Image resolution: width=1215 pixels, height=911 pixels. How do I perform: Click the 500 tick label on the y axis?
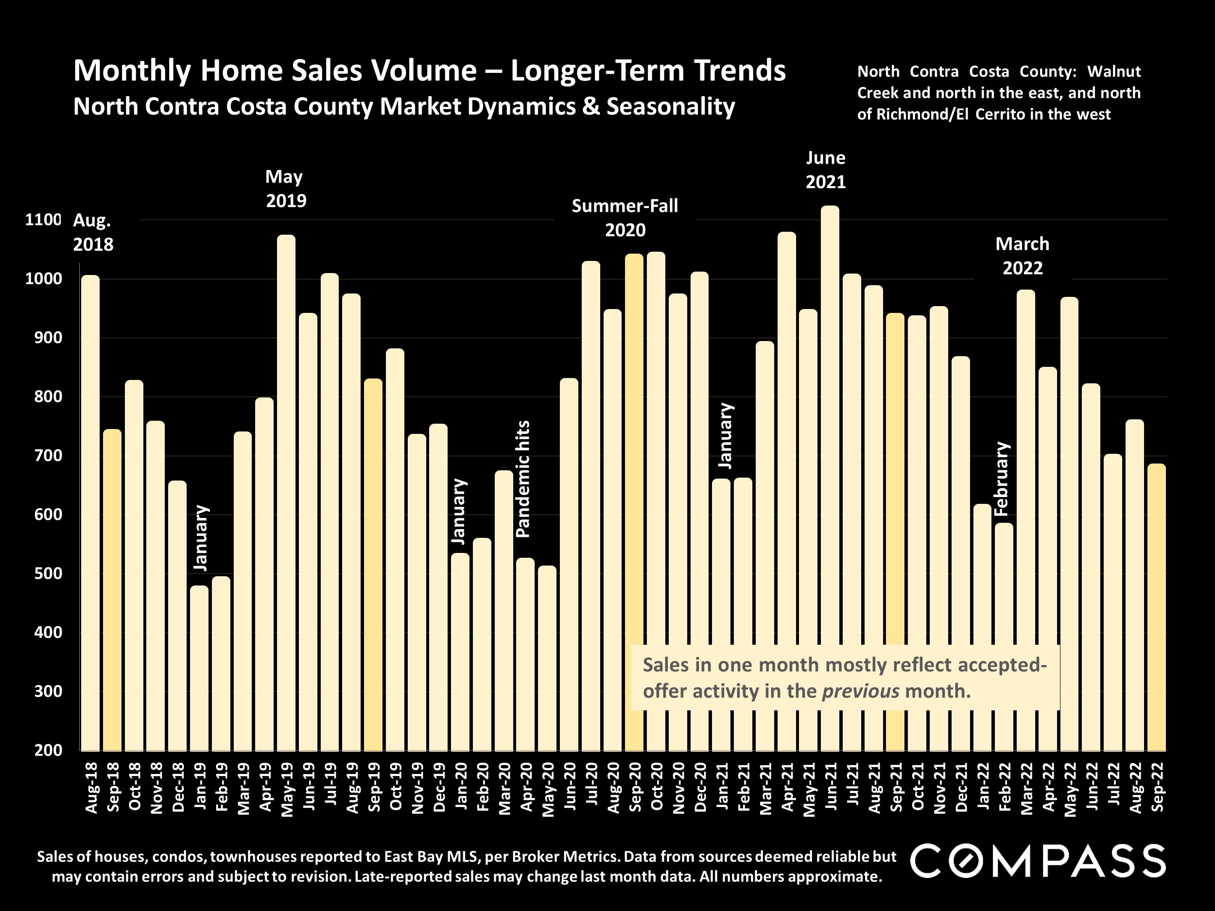point(48,574)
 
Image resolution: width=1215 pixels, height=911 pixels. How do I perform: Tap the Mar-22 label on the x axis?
point(1026,788)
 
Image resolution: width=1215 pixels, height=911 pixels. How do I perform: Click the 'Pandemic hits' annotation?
point(523,479)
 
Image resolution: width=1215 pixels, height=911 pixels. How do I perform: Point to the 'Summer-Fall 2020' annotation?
point(625,218)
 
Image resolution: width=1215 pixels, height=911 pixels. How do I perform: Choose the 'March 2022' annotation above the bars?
point(1022,256)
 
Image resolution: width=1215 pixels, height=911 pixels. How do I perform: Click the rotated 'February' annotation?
point(1002,478)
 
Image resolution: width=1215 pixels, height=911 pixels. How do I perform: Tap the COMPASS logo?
point(1038,861)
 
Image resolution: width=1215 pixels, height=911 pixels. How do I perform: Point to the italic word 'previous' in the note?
point(860,691)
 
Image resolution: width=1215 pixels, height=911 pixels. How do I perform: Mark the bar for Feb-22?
point(1004,637)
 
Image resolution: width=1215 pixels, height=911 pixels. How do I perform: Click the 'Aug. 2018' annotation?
point(93,232)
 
